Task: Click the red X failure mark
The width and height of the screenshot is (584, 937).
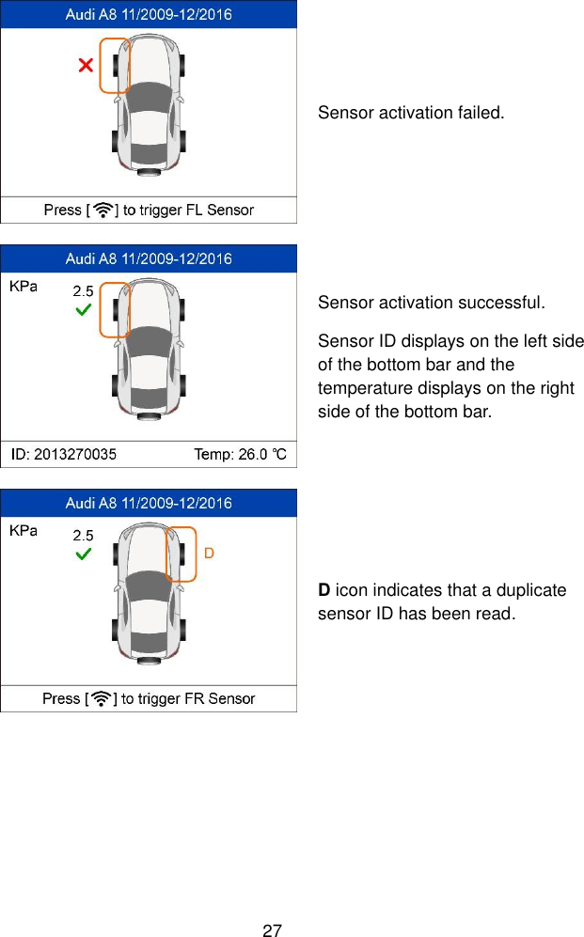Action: point(86,65)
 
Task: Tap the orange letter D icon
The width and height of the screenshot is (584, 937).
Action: point(209,553)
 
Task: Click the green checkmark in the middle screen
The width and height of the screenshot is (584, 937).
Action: point(84,309)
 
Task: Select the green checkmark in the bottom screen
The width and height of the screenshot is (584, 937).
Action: point(84,554)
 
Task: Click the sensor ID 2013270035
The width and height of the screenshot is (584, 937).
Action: point(64,455)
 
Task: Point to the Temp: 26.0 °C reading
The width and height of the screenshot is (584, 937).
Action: point(245,455)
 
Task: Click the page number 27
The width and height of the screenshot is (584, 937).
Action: point(272,930)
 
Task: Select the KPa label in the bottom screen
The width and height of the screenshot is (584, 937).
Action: point(24,531)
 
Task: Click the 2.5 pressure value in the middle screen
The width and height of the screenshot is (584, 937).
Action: point(84,291)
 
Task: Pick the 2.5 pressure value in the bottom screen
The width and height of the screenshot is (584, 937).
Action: point(84,535)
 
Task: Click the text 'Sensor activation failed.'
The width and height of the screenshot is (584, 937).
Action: point(411,114)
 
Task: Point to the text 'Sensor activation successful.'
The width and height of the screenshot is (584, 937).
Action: point(431,304)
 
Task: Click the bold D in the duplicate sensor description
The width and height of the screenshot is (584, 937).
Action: point(324,591)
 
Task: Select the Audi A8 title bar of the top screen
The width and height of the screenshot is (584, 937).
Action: point(149,15)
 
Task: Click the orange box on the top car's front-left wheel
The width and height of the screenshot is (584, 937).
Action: point(114,66)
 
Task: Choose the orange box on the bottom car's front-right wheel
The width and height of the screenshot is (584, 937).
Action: point(181,554)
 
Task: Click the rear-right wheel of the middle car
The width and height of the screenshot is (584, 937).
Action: point(182,385)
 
